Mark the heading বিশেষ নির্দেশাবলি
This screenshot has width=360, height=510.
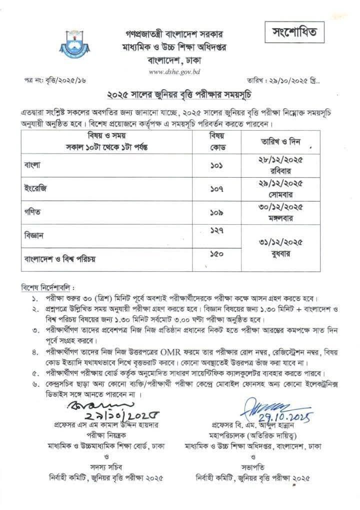47,288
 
